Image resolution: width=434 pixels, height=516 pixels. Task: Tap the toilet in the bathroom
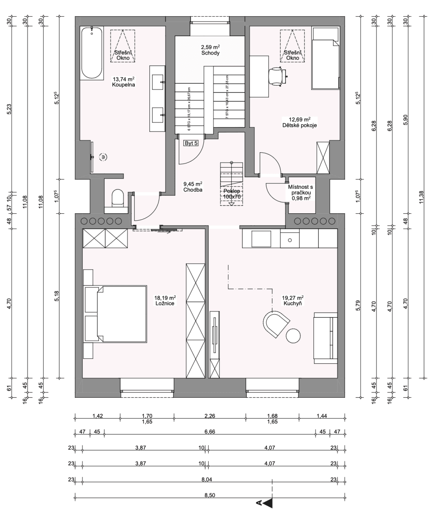point(117,198)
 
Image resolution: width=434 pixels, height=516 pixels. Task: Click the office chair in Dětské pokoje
point(277,76)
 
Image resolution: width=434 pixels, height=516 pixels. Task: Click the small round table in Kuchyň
point(294,335)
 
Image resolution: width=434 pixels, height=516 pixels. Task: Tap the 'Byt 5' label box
point(191,143)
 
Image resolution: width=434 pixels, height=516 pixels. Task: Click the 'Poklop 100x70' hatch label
point(232,194)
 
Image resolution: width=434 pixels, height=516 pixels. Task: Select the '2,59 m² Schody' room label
point(210,50)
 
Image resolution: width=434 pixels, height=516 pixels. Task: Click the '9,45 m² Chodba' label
point(192,186)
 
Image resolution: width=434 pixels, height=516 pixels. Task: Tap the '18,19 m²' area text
point(165,298)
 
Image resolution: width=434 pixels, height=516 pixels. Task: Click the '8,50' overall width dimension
point(209,495)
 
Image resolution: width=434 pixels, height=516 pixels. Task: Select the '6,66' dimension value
point(209,432)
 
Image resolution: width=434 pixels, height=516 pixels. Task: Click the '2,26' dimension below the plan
point(209,416)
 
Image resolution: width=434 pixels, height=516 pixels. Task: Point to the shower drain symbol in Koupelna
point(103,157)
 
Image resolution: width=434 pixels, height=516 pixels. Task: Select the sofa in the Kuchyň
point(325,338)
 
